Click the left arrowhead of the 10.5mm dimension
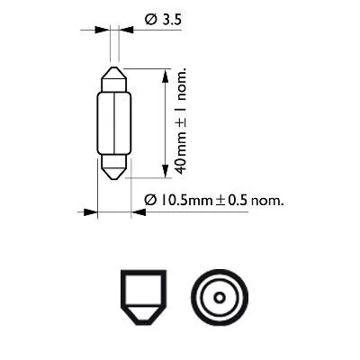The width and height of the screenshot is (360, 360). [91, 213]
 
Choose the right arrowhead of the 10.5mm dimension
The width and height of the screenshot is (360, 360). [137, 213]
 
